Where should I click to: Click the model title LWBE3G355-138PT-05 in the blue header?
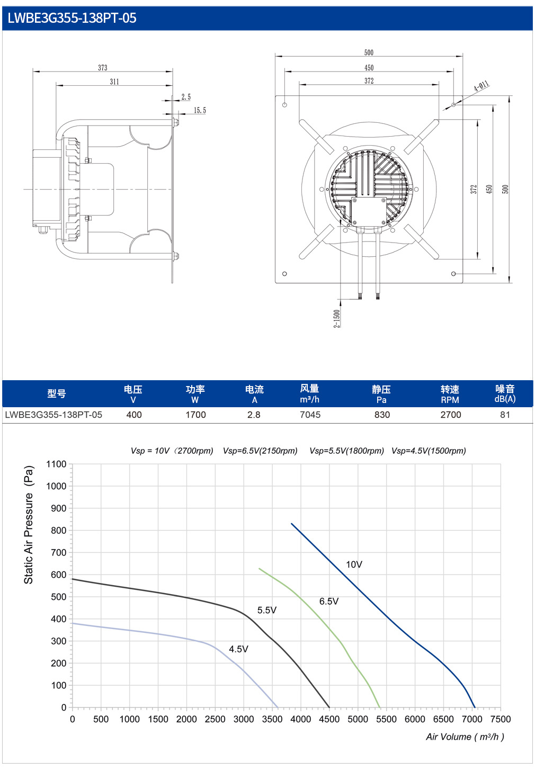pyautogui.click(x=72, y=18)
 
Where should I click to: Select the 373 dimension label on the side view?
pyautogui.click(x=103, y=67)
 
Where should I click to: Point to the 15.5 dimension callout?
pyautogui.click(x=200, y=110)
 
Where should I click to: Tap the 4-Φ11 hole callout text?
pyautogui.click(x=481, y=86)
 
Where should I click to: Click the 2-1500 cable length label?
pyautogui.click(x=337, y=318)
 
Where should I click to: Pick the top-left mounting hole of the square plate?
pyautogui.click(x=284, y=105)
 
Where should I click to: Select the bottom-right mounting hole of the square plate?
pyautogui.click(x=453, y=274)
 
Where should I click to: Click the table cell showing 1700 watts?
pyautogui.click(x=195, y=415)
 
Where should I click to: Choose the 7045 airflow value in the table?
pyautogui.click(x=310, y=415)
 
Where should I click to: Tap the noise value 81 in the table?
pyautogui.click(x=505, y=415)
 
